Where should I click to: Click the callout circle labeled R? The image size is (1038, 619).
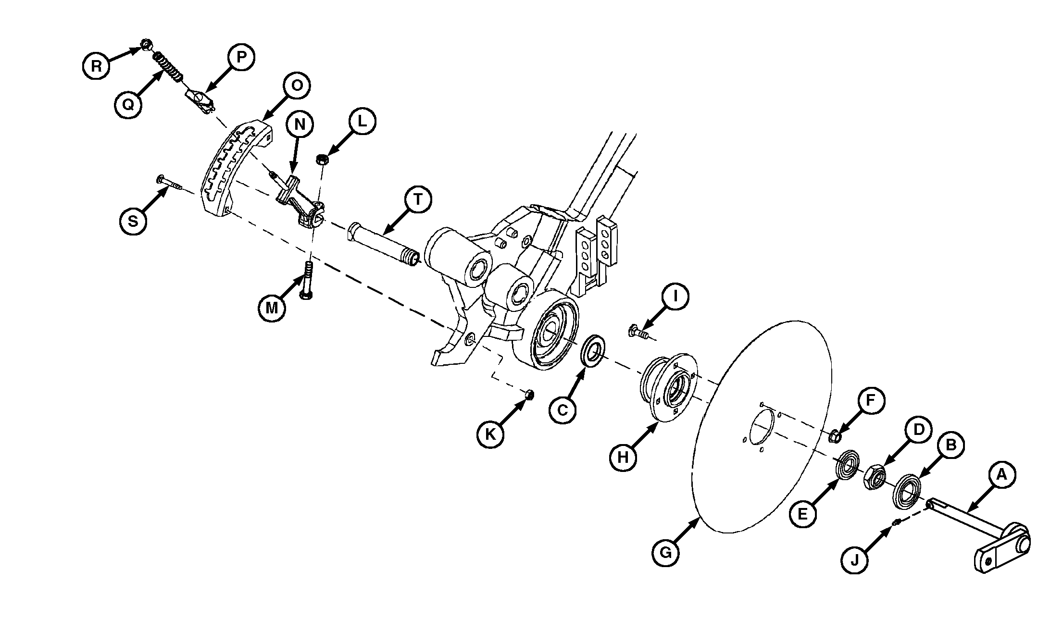click(97, 66)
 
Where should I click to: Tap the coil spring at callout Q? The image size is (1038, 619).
click(168, 68)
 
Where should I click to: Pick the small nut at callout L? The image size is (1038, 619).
click(322, 159)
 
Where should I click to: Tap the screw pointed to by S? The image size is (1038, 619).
click(168, 183)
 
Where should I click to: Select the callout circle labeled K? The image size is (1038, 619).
click(490, 434)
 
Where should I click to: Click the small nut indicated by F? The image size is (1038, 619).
click(836, 436)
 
